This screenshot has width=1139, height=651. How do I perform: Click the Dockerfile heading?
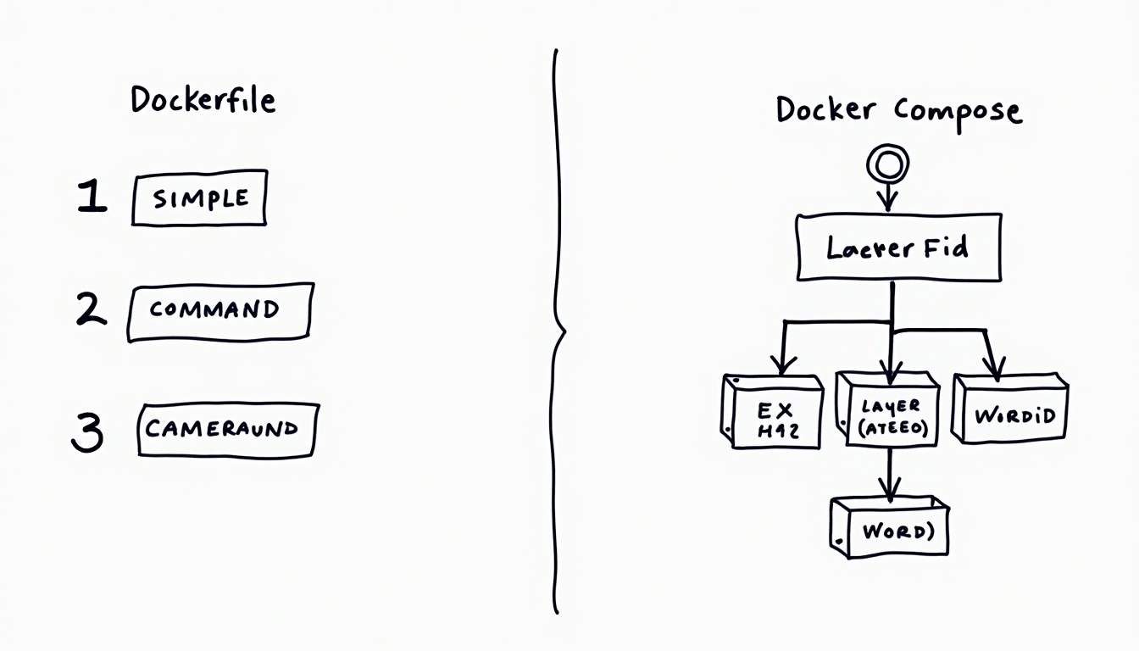tap(203, 100)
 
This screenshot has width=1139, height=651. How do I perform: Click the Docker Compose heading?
tap(898, 110)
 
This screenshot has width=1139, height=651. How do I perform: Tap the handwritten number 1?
tap(92, 197)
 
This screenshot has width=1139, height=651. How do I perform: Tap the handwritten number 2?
tap(91, 309)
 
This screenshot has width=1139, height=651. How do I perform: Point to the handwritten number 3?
tap(86, 432)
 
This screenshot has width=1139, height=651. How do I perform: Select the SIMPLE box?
tap(200, 198)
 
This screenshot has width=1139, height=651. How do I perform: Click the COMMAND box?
tap(219, 311)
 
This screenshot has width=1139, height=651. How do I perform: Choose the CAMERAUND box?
tap(226, 429)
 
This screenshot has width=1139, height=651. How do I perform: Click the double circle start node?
tap(887, 161)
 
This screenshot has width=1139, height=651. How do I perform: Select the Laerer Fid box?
tap(898, 248)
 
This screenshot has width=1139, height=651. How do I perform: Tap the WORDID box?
tap(1012, 412)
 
